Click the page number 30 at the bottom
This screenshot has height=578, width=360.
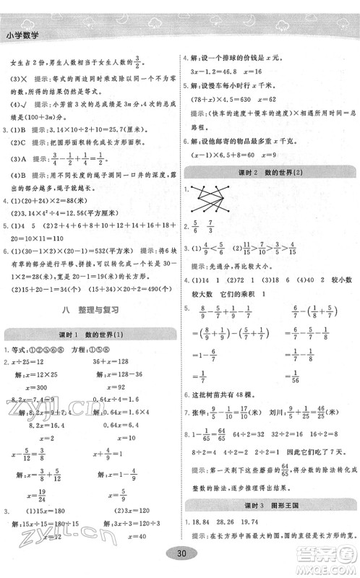tap(180, 551)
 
